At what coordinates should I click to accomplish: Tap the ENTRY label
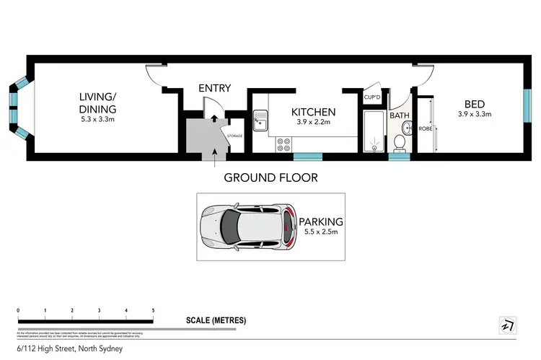214,88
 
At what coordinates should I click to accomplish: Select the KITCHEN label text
313,112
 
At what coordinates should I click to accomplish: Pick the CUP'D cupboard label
372,97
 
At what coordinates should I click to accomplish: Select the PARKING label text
320,222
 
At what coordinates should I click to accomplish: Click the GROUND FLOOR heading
270,177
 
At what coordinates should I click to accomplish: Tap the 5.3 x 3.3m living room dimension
97,119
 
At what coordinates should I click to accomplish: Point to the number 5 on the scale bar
153,310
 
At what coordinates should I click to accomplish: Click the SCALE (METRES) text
216,320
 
